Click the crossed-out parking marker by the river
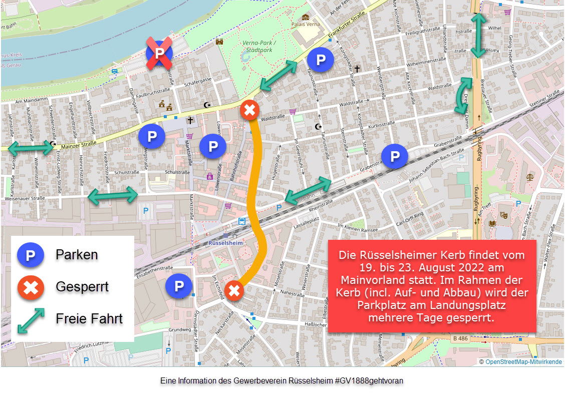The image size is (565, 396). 159,53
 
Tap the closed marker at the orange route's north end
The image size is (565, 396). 249,110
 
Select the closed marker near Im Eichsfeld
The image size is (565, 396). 233,291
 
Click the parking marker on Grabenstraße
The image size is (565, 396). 395,157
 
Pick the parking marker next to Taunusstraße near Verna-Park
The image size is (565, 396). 320,60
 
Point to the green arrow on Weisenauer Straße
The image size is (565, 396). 113,195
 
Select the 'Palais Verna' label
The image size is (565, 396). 305,24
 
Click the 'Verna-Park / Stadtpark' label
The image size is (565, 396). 259,47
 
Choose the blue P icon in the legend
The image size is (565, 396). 31,255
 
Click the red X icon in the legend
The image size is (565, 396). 31,287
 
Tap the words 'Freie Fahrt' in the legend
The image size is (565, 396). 89,318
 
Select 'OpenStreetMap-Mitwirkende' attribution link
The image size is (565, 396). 523,362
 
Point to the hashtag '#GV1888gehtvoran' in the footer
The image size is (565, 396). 369,381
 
